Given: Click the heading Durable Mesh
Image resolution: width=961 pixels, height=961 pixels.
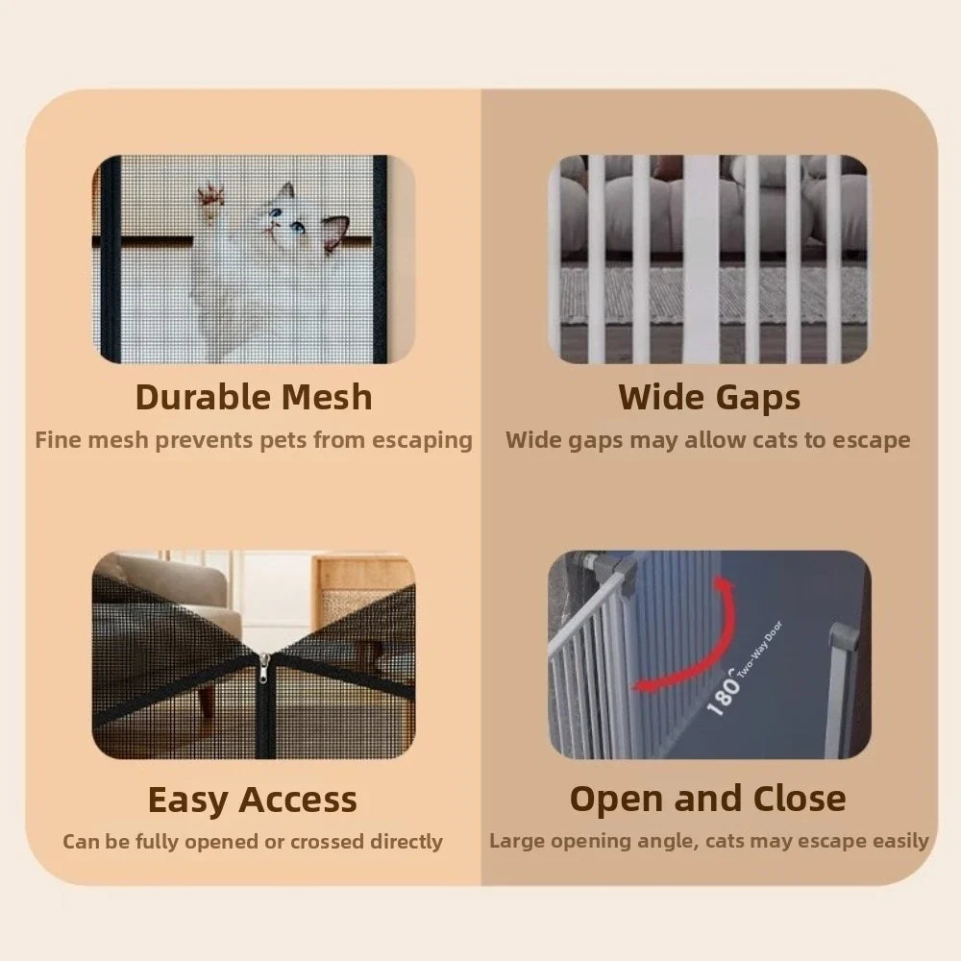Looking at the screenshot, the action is tap(254, 397).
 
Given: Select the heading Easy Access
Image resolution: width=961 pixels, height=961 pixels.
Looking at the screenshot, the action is tap(252, 800).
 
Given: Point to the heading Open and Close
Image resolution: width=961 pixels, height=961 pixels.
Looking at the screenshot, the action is tap(708, 799).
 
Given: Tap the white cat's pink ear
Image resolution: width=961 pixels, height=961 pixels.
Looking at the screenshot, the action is tap(334, 231).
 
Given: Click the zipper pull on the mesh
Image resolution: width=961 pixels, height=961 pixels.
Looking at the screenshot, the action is tap(265, 668).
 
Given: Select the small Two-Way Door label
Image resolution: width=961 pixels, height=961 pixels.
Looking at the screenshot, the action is tap(760, 650).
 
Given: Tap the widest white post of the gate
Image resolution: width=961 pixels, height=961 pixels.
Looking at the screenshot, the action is tap(701, 259).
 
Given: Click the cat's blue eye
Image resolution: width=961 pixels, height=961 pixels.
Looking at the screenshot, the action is tap(299, 228).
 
